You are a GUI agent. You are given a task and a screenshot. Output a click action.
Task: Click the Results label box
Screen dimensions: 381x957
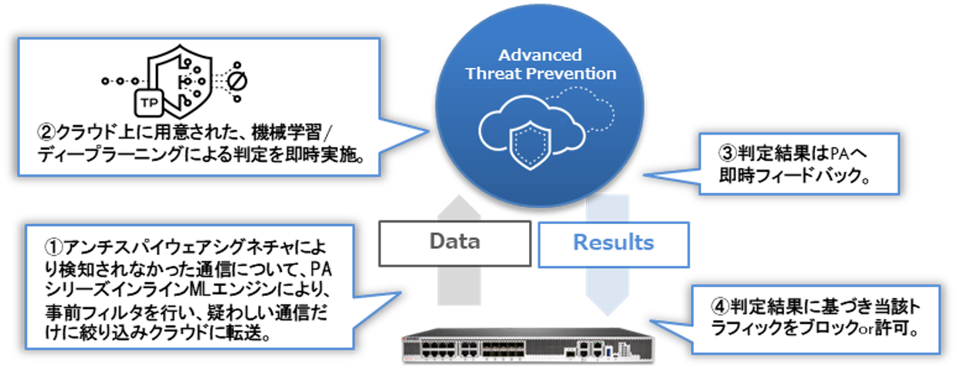point(613,243)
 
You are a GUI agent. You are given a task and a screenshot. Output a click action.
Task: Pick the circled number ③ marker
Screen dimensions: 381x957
point(727,153)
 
